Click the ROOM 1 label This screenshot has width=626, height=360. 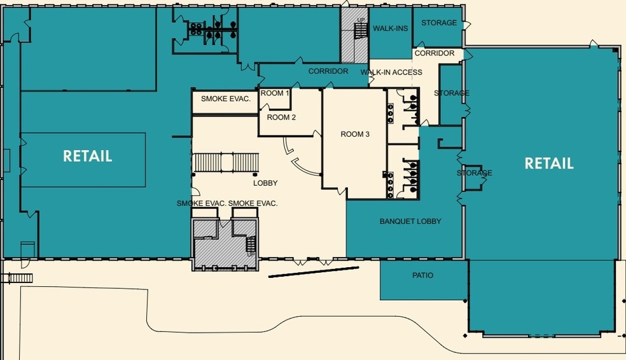[x=275, y=93]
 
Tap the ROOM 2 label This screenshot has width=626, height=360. [x=281, y=117]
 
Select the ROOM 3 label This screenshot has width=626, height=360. [x=355, y=134]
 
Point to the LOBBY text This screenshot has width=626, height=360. [x=265, y=183]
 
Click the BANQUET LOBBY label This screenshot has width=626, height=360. [x=410, y=221]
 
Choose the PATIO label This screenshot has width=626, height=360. [x=423, y=275]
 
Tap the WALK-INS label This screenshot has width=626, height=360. [x=391, y=29]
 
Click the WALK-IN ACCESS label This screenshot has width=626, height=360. [x=391, y=73]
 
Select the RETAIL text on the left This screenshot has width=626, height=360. [x=87, y=156]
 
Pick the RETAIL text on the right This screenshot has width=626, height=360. [x=549, y=163]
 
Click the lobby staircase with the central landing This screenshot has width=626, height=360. [x=226, y=162]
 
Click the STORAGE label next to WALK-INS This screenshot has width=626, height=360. [x=439, y=23]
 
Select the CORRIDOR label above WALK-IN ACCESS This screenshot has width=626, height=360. [x=435, y=53]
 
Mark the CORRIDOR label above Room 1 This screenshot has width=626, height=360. [x=328, y=71]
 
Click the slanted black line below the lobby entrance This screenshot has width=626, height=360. [x=314, y=272]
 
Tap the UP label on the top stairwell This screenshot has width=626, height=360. [x=361, y=20]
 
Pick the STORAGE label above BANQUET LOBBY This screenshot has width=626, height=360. [x=475, y=173]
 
